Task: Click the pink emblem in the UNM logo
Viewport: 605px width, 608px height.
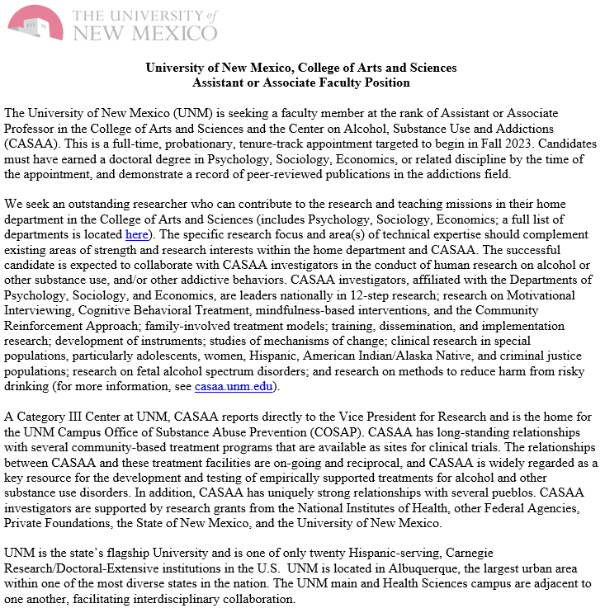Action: click(35, 21)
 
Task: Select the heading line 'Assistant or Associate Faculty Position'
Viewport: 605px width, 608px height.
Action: click(301, 82)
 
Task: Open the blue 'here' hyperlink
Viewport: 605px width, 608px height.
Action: click(136, 235)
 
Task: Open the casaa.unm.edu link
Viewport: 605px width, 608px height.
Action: click(236, 386)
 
